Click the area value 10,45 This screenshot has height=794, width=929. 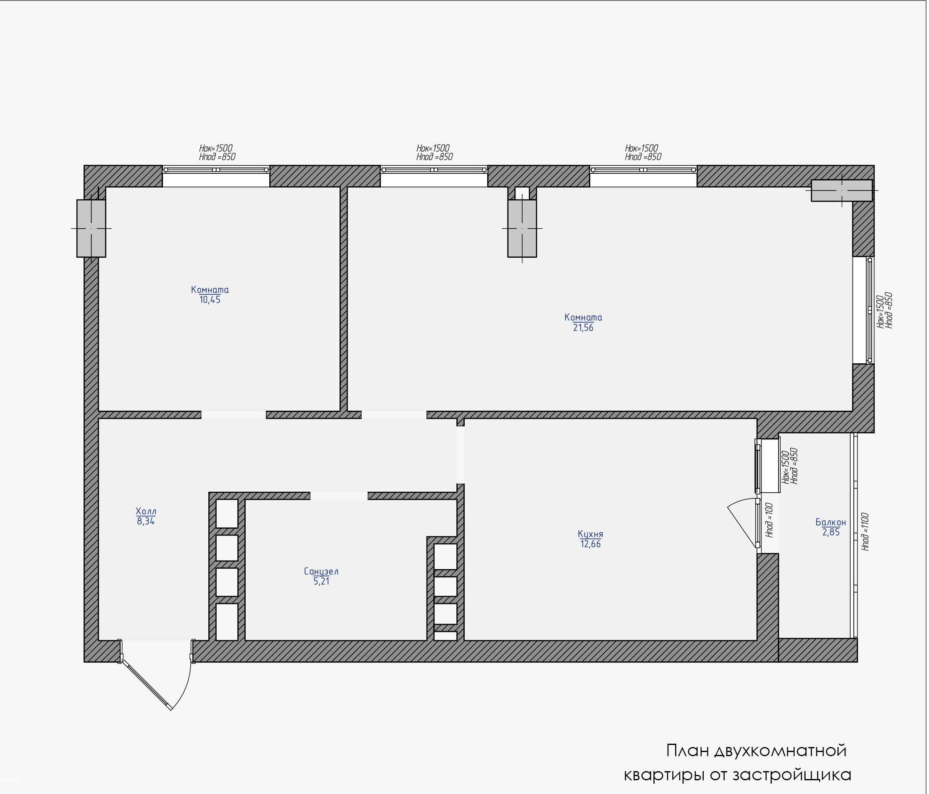210,300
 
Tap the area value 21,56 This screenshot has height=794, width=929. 583,328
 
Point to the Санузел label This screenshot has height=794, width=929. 321,572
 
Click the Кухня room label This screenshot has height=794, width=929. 591,534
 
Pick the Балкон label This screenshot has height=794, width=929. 831,522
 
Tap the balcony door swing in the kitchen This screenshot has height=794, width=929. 742,522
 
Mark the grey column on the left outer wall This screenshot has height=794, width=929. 91,228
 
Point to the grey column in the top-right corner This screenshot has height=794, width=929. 842,190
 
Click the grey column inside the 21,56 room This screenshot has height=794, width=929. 522,228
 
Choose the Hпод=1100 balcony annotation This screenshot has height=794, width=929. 865,532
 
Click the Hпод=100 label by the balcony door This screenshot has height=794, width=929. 769,520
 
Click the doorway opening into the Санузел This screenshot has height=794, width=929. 339,496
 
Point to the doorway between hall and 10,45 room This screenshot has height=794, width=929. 234,415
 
